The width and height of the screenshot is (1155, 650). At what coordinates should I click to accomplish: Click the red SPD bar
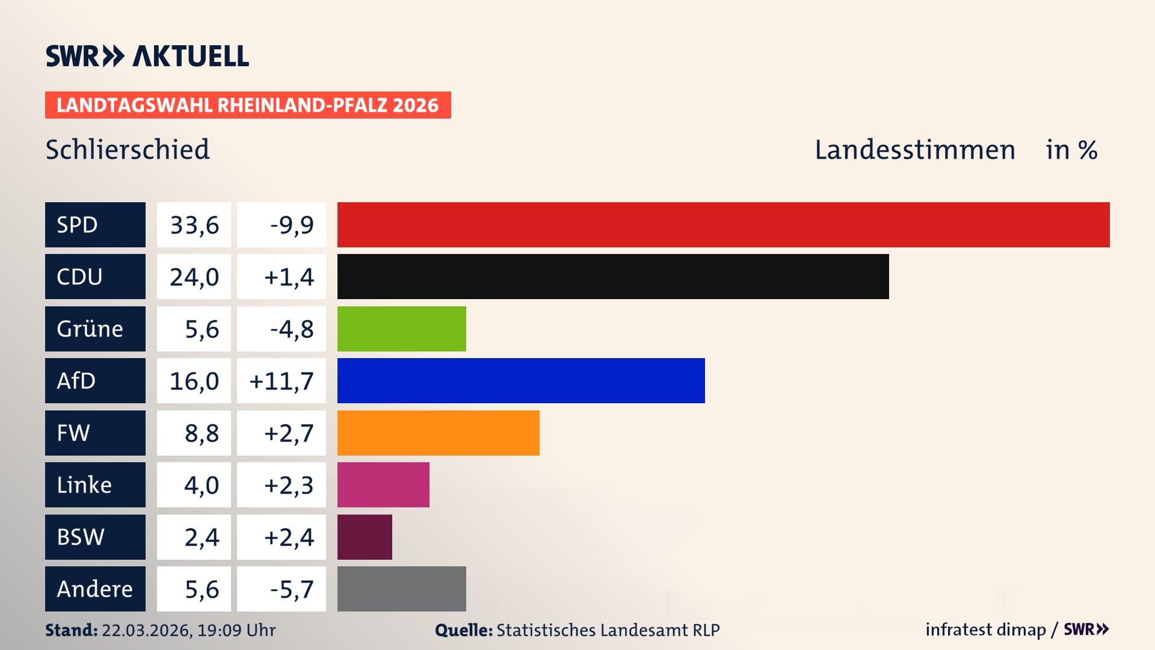[723, 224]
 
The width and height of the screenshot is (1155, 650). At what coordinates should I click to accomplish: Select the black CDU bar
[612, 277]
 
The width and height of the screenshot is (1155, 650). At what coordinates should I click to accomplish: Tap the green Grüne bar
[401, 329]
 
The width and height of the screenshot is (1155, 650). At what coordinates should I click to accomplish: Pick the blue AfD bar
[520, 381]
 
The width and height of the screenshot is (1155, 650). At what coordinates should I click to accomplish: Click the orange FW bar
[438, 433]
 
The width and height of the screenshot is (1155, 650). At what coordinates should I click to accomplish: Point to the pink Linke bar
[383, 485]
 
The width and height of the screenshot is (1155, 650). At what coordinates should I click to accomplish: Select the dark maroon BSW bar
[365, 537]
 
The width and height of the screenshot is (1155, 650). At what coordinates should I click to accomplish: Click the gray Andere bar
[401, 589]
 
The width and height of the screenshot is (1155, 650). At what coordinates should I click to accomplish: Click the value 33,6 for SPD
[194, 225]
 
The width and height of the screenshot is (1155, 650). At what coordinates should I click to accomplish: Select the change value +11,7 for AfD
[281, 381]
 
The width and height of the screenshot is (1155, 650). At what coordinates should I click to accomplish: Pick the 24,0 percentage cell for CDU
[194, 277]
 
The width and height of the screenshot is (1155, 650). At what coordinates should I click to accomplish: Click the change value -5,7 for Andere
[291, 589]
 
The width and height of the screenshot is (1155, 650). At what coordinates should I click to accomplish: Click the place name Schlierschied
[128, 150]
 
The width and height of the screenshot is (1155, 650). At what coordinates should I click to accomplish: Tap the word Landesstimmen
[914, 150]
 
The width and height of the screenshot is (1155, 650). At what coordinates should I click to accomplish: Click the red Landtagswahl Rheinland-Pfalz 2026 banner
[248, 105]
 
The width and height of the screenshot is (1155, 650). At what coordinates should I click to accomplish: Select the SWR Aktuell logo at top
[147, 56]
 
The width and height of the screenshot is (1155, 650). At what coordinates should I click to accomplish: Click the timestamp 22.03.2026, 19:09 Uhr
[188, 630]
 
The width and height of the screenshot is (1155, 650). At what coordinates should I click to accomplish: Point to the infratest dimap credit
[985, 630]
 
